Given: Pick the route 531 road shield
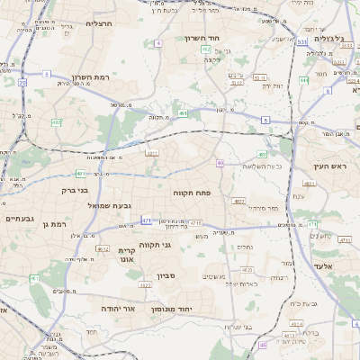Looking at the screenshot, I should point(301,41).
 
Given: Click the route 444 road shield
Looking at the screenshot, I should point(304,80).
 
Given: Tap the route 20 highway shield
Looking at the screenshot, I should point(22,82).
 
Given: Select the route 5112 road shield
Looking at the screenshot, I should point(237,83).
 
